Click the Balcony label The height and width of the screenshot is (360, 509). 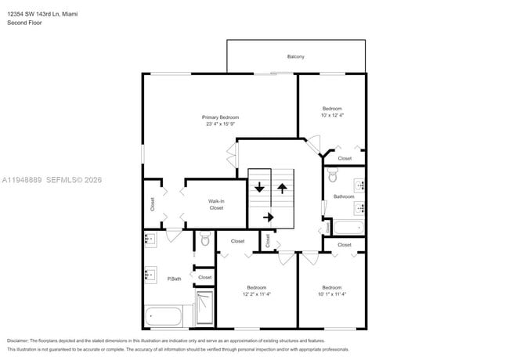point(295,56)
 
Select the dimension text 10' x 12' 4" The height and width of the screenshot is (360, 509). point(333,115)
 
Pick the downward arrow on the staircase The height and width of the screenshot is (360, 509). point(259,189)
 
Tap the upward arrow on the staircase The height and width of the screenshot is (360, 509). point(282,189)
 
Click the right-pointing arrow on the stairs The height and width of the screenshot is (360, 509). point(268,217)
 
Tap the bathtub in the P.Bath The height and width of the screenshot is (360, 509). point(164,317)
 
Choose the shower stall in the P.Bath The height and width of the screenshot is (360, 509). point(204,308)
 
